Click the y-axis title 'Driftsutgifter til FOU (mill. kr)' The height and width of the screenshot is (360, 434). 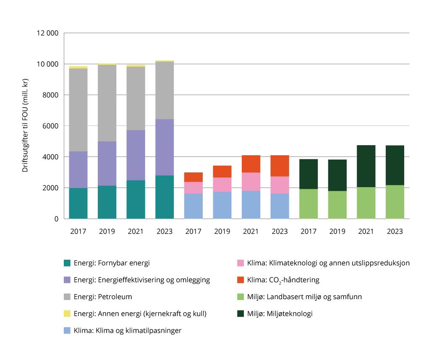(25, 126)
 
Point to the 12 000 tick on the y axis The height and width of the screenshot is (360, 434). (47, 34)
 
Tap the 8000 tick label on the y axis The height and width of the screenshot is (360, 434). (50, 95)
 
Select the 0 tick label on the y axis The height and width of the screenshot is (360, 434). (56, 219)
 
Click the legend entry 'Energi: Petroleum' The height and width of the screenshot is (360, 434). (102, 297)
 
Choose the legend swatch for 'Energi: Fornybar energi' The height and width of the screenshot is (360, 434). (67, 263)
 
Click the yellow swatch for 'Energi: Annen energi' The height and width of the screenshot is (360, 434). (67, 313)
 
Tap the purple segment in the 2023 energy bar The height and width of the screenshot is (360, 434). (164, 147)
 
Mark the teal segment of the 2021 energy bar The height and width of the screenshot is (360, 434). (136, 199)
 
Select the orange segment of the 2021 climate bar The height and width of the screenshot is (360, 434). (251, 164)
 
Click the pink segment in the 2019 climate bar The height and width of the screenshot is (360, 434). (222, 185)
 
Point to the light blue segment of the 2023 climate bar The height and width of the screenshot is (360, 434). (280, 206)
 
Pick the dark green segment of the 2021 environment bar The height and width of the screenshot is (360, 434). (366, 166)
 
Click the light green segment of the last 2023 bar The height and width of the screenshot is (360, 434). (395, 202)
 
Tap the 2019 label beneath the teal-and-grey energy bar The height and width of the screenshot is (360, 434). (107, 232)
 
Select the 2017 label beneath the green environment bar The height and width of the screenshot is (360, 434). (309, 232)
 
